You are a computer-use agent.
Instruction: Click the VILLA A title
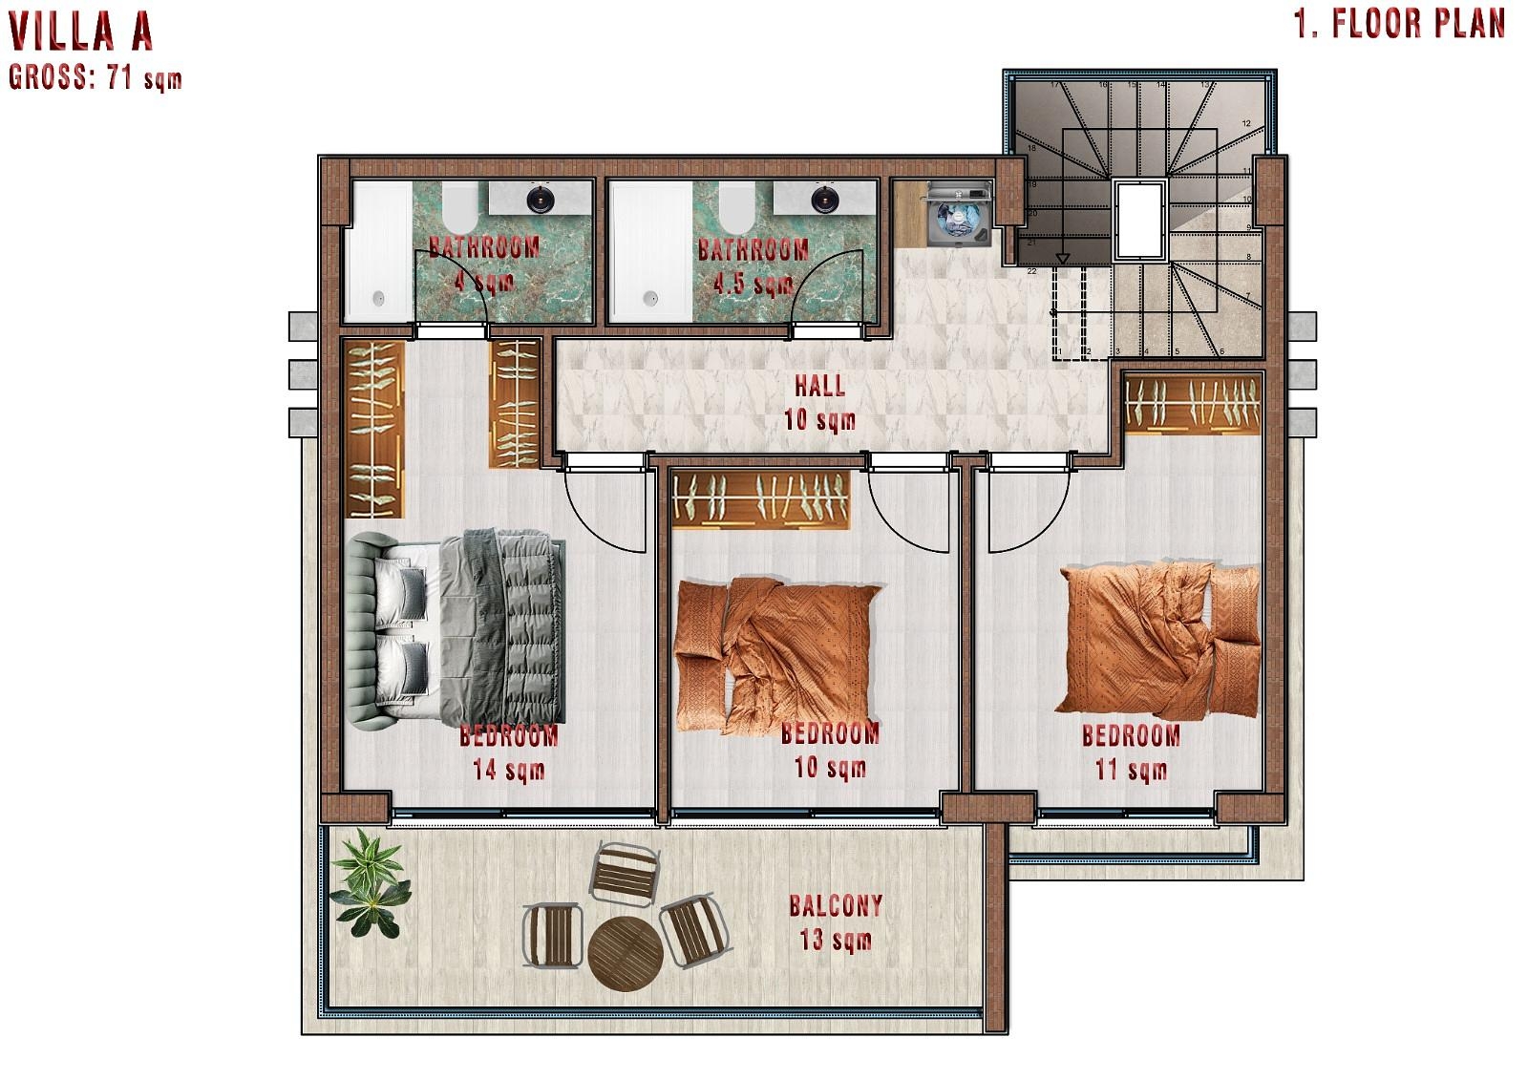(x=81, y=32)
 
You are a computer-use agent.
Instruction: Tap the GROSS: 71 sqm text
(x=95, y=78)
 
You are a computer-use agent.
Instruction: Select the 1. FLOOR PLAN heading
(x=1400, y=25)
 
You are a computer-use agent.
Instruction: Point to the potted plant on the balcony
(x=370, y=882)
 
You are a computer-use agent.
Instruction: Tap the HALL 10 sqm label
(x=819, y=401)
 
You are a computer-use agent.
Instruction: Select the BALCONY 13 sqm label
(x=836, y=922)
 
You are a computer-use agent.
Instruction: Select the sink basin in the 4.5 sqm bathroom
(x=824, y=200)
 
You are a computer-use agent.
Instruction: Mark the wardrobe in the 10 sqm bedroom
(x=761, y=498)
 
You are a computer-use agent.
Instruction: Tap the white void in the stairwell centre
(x=1138, y=219)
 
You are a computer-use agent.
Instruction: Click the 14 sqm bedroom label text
(x=508, y=752)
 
